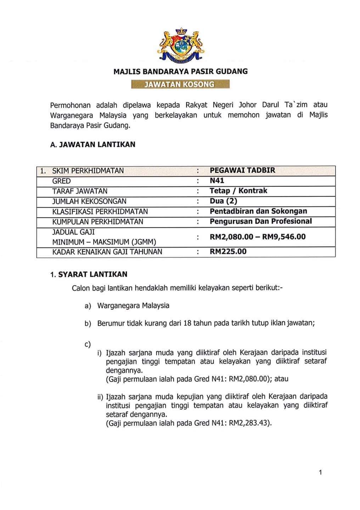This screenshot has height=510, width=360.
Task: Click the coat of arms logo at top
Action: tap(180, 45)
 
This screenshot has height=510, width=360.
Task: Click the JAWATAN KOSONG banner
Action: tap(180, 84)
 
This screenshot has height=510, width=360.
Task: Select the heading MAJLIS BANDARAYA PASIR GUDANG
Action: tap(180, 72)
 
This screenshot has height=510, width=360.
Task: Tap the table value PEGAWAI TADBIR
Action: tap(242, 170)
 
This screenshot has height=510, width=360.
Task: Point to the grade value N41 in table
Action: tap(217, 181)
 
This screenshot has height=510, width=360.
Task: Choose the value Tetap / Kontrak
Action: tap(238, 191)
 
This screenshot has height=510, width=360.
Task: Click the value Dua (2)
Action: tap(223, 201)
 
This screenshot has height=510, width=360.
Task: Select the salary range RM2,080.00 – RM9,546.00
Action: tap(258, 237)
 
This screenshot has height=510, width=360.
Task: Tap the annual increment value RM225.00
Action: tap(228, 252)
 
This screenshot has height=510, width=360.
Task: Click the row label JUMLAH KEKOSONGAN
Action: tap(89, 201)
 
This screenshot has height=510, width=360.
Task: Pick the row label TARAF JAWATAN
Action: tap(80, 191)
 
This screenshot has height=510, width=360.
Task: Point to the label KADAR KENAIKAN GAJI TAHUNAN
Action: tap(107, 252)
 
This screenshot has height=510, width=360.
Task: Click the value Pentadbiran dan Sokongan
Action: tap(258, 211)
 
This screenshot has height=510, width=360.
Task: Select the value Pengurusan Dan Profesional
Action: tap(261, 221)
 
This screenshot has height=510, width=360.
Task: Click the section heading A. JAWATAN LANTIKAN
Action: tap(93, 144)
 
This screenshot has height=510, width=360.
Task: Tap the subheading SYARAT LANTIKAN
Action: tap(92, 274)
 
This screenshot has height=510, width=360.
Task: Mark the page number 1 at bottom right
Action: tap(320, 472)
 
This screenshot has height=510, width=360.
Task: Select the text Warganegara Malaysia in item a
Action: tap(133, 306)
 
